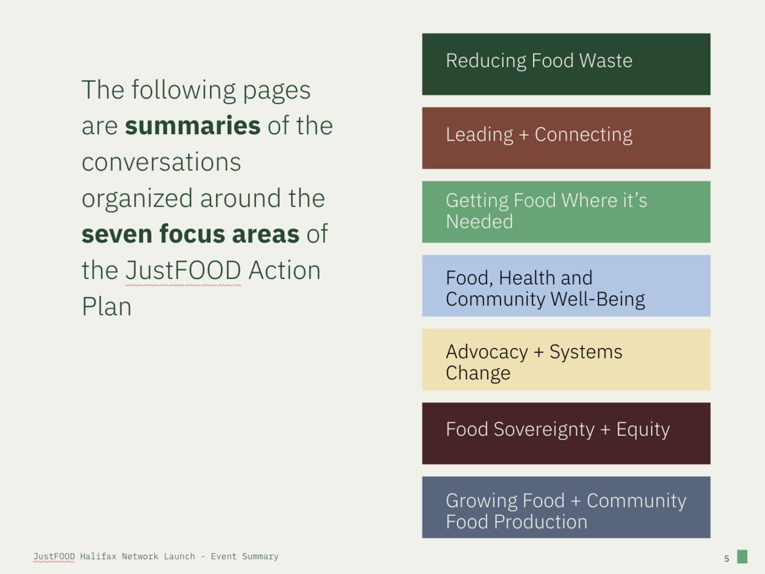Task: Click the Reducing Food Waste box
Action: tap(566, 64)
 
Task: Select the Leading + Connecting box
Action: tap(566, 138)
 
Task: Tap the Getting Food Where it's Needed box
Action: tap(566, 212)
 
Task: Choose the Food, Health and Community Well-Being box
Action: tap(566, 286)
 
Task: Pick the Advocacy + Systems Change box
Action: tap(566, 359)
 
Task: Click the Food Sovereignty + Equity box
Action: tap(566, 433)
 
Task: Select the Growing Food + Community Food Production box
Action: tap(566, 507)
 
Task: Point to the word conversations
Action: tap(161, 162)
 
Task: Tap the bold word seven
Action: tap(117, 234)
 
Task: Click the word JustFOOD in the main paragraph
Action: tap(183, 271)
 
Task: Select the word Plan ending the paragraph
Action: tap(107, 306)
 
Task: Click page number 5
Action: tap(726, 559)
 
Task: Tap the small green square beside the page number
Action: tap(742, 556)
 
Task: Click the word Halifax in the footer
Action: tap(98, 556)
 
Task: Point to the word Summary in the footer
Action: tap(261, 557)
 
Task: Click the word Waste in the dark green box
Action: tap(606, 61)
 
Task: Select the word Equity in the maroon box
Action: tap(643, 430)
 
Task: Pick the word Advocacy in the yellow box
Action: tap(487, 352)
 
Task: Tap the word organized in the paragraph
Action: tap(137, 198)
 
